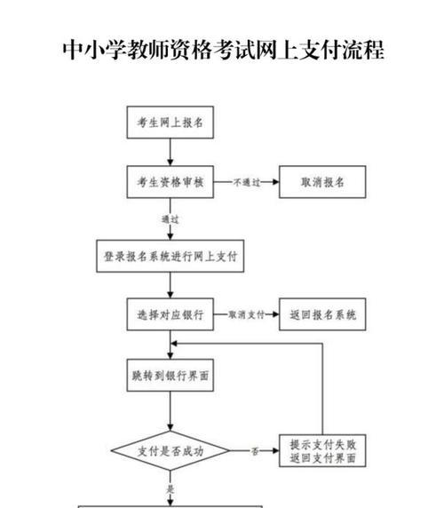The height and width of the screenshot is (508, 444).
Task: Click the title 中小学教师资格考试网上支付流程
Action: click(x=223, y=50)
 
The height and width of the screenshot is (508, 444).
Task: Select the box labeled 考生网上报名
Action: click(x=170, y=123)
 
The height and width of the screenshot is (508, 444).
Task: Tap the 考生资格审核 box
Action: click(x=170, y=182)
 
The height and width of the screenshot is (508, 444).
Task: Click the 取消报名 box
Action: click(x=322, y=182)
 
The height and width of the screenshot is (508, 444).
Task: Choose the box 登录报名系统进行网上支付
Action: click(x=170, y=257)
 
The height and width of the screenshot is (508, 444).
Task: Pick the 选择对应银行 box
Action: click(x=170, y=314)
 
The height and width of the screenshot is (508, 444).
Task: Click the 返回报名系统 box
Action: click(x=322, y=314)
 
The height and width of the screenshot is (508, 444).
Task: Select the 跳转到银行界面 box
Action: click(x=170, y=375)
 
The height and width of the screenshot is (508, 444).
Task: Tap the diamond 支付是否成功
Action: click(x=170, y=450)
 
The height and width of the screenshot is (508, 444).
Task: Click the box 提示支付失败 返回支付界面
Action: click(x=322, y=450)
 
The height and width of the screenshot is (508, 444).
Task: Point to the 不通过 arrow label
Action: click(x=247, y=182)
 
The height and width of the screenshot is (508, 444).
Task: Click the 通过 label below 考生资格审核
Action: click(x=170, y=219)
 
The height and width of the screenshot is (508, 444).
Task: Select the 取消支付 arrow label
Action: click(x=247, y=314)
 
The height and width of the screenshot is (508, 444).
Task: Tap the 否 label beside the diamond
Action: click(x=255, y=451)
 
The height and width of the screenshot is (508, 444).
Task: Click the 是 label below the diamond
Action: click(x=170, y=488)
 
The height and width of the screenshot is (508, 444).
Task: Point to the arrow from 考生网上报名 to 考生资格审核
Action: click(x=170, y=152)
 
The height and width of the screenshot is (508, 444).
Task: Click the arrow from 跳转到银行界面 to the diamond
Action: click(x=170, y=411)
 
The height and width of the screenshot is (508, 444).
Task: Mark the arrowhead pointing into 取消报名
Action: click(x=275, y=182)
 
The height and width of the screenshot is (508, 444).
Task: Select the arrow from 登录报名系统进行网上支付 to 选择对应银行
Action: click(x=170, y=285)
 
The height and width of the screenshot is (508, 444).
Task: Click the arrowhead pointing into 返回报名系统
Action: click(x=275, y=314)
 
